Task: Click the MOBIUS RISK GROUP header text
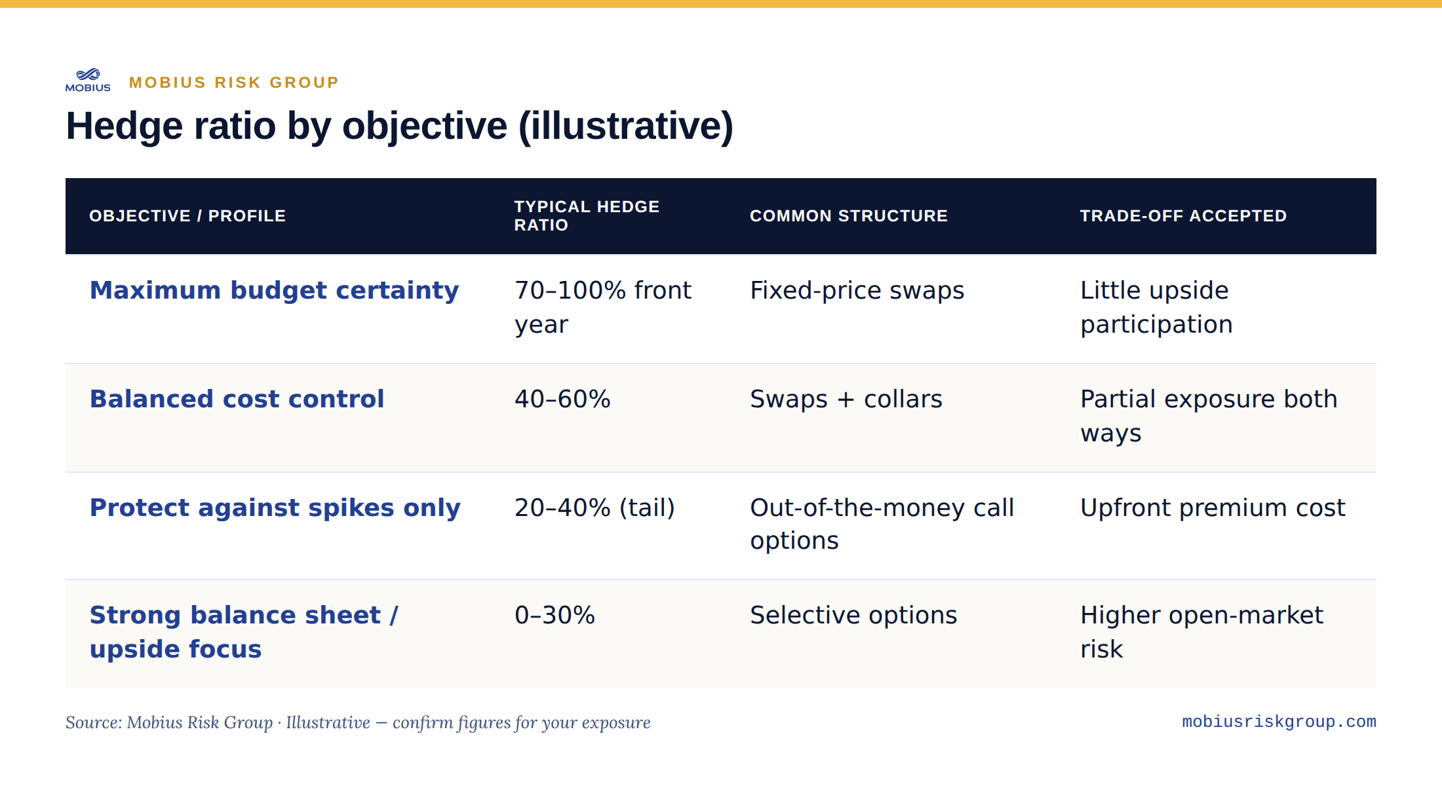point(234,83)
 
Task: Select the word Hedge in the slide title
point(124,126)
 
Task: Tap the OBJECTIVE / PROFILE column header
point(187,216)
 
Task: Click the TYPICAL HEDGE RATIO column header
point(587,216)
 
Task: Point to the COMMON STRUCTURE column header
point(849,216)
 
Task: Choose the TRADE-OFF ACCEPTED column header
point(1183,216)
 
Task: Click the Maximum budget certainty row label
point(274,290)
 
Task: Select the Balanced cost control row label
point(237,399)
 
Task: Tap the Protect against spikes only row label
point(275,508)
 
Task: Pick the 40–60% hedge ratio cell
point(562,399)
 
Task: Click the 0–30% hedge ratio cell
point(555,615)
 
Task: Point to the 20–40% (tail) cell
point(594,508)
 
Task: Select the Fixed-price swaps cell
point(857,290)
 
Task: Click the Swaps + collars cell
point(846,399)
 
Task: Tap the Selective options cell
point(853,615)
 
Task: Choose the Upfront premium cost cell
point(1213,508)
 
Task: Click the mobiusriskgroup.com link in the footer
point(1279,722)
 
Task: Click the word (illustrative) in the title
point(626,126)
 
